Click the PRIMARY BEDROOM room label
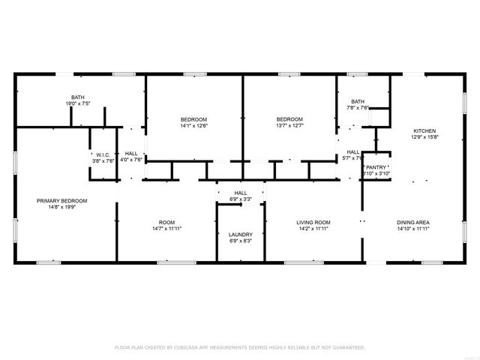pyautogui.click(x=63, y=201)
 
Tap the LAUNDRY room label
pyautogui.click(x=241, y=235)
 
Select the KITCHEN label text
pyautogui.click(x=424, y=130)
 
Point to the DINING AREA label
pyautogui.click(x=412, y=223)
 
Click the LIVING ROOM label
pyautogui.click(x=313, y=223)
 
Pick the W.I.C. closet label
pyautogui.click(x=103, y=154)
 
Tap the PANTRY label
pyautogui.click(x=376, y=167)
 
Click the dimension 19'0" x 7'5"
pyautogui.click(x=78, y=103)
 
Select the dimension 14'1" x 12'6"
pyautogui.click(x=193, y=126)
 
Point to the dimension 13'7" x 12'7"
pyautogui.click(x=289, y=126)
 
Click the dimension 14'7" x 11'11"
pyautogui.click(x=166, y=229)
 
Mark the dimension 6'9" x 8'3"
pyautogui.click(x=241, y=241)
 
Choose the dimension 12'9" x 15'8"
pyautogui.click(x=424, y=137)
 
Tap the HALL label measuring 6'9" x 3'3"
pyautogui.click(x=241, y=193)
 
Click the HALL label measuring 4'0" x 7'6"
pyautogui.click(x=131, y=154)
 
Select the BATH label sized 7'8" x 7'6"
pyautogui.click(x=358, y=101)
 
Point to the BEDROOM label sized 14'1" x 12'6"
pyautogui.click(x=193, y=120)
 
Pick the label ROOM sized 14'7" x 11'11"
pyautogui.click(x=166, y=223)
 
